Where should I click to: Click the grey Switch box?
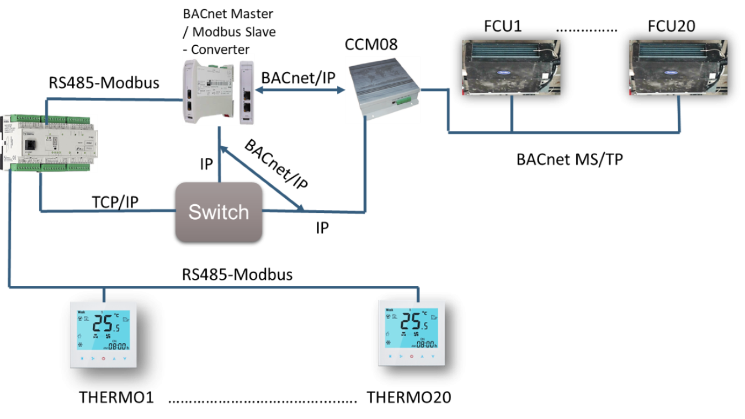click(x=219, y=213)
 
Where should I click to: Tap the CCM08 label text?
click(x=371, y=45)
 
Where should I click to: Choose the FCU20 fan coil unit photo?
click(x=678, y=67)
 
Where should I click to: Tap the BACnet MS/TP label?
click(x=570, y=159)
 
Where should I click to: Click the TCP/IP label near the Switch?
click(x=115, y=202)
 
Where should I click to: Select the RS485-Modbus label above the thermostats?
click(x=237, y=275)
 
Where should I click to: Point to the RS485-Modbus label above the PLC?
click(x=104, y=83)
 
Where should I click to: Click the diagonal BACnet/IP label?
click(x=276, y=165)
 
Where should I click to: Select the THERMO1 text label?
click(x=116, y=397)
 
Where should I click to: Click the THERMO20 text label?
click(x=409, y=397)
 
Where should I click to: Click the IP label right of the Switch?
click(x=322, y=227)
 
